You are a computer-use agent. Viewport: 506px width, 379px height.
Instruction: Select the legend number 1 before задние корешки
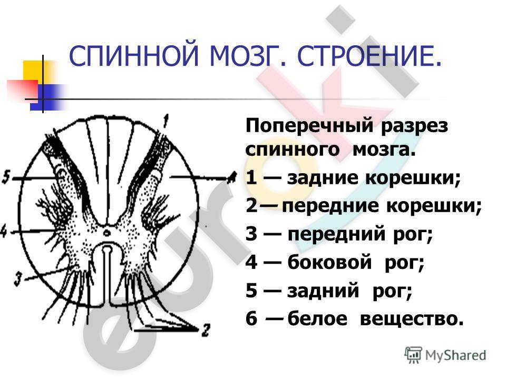(251, 177)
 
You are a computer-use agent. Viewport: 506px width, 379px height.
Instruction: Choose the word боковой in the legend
(329, 262)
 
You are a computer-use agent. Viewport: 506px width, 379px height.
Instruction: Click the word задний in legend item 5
(323, 291)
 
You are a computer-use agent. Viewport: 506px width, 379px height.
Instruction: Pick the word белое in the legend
(317, 318)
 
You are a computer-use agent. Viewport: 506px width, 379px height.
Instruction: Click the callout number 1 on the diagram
(166, 121)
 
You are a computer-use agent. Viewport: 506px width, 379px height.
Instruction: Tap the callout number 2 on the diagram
(205, 330)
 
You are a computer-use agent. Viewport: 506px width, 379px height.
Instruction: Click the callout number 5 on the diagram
(6, 177)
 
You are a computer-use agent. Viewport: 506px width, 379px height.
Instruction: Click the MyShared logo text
(455, 355)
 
